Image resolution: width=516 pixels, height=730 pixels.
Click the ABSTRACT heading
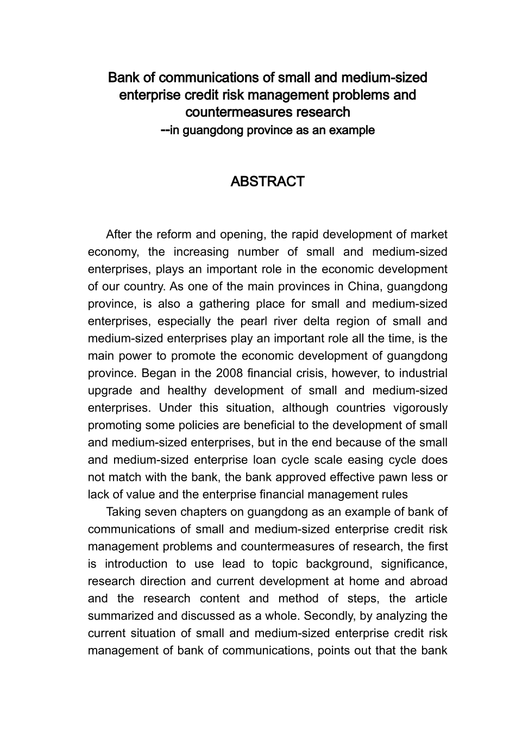coord(267,181)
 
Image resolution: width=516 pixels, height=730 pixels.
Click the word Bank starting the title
coord(121,78)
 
